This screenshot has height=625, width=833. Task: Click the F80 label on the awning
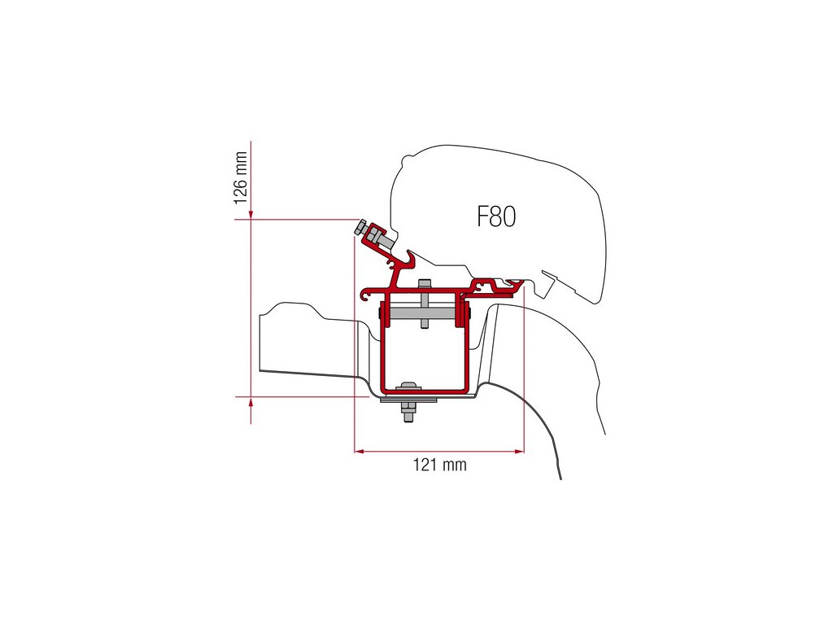point(496,216)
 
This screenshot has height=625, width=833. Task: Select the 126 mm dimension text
point(240,177)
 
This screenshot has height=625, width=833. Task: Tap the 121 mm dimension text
point(440,465)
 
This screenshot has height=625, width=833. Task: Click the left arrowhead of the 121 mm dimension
point(359,451)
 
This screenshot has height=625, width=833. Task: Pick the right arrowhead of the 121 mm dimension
point(519,451)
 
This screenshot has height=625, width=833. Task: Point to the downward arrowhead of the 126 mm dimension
point(251,214)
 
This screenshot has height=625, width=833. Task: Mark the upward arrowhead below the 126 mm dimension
point(251,402)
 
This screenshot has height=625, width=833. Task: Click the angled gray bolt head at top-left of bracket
point(360,229)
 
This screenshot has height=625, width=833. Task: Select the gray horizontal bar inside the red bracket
point(424,314)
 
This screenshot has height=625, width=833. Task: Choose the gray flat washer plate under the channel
point(408,400)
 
